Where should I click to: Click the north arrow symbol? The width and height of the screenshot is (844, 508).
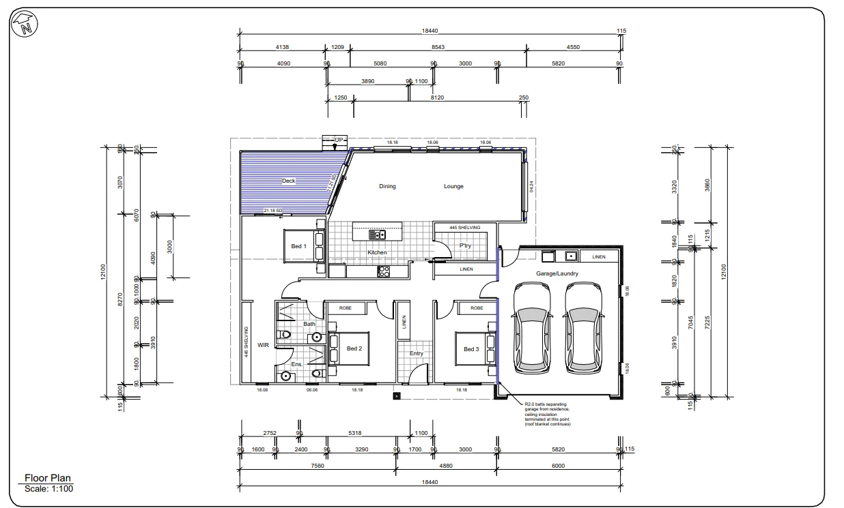(25, 25)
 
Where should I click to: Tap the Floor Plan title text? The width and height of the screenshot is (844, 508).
(48, 479)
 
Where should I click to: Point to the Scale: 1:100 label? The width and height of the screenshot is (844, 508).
(48, 488)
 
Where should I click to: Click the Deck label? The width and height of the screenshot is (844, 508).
(289, 181)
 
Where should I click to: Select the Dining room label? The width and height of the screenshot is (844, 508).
(387, 186)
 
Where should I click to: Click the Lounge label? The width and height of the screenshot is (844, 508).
(453, 186)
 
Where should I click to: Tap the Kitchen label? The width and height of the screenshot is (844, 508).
(377, 252)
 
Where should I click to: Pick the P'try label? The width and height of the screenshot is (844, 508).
(466, 245)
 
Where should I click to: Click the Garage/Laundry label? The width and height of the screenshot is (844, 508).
(557, 273)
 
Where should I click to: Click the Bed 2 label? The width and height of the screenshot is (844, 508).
(354, 348)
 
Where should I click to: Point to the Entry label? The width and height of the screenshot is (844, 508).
(416, 354)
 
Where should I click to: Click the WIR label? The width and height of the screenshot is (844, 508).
(263, 346)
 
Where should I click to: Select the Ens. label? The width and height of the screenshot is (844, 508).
(296, 364)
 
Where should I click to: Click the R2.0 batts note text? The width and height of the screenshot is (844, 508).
(546, 414)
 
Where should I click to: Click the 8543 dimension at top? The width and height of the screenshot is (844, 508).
(438, 47)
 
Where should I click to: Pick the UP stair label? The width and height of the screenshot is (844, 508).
(338, 139)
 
